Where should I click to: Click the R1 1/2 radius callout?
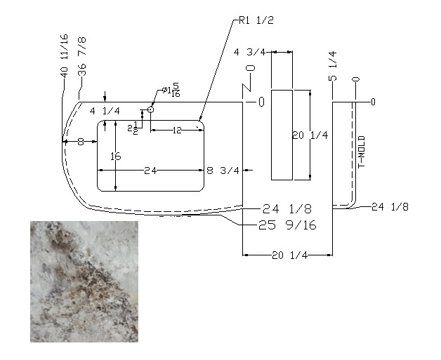coord(256,20)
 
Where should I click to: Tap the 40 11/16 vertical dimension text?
coord(64,56)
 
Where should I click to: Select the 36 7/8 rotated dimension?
coord(82,56)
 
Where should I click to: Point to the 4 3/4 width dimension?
coord(249,52)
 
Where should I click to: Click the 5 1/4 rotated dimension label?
coord(332,66)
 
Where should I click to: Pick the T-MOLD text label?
coord(362,152)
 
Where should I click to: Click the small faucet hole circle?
coord(151,109)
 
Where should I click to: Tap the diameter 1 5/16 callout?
coord(171,91)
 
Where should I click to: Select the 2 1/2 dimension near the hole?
coord(133,128)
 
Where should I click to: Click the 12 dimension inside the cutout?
coord(177,131)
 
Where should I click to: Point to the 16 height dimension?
coord(116,156)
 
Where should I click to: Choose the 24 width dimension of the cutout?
coord(150,171)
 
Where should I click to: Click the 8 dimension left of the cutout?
coord(81,142)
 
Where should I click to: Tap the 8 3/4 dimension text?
coord(223,171)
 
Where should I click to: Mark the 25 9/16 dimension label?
coord(287,225)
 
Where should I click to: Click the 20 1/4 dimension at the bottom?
coord(290,255)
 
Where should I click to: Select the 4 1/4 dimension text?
coord(105,112)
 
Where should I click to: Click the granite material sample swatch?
coord(84,281)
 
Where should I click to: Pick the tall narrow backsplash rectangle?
coord(282,135)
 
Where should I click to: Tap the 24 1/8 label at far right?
coord(390,207)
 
